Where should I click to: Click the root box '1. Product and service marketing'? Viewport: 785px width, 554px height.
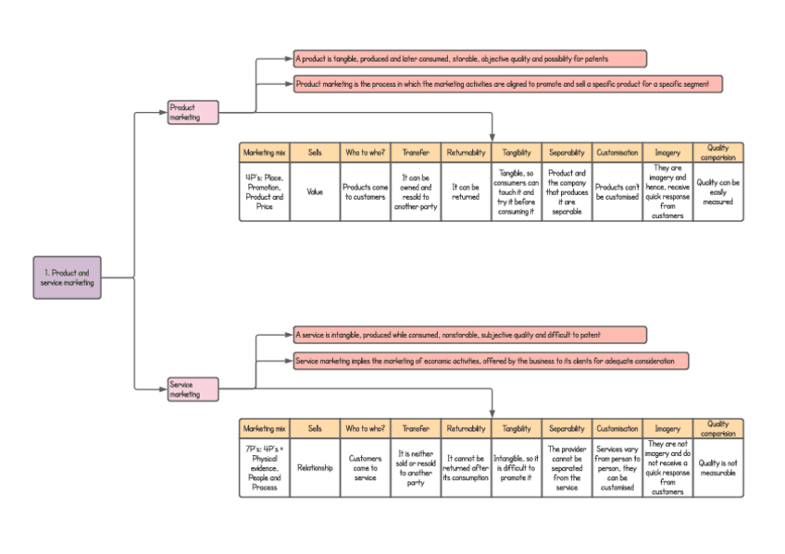point(68,277)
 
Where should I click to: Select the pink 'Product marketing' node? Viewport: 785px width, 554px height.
point(193,112)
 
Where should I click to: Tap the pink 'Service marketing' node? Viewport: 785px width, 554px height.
point(193,388)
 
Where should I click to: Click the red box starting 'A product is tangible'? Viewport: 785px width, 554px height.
point(469,59)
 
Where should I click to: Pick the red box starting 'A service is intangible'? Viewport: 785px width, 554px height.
point(469,334)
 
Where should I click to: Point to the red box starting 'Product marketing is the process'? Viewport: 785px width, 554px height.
point(507,83)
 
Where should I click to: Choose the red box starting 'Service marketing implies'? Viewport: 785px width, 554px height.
point(491,361)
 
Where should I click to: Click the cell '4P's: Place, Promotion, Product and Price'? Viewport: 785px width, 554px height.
point(264,192)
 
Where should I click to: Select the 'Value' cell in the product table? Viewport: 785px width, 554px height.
point(315,192)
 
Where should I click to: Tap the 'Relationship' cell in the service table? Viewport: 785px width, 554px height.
point(315,468)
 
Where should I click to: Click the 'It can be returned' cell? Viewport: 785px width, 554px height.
point(466,192)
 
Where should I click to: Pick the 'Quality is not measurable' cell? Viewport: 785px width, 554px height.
point(718,468)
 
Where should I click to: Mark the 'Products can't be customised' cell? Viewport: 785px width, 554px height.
point(617,192)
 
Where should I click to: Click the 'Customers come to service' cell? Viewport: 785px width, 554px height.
point(365,468)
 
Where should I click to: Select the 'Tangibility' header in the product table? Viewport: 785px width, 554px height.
point(517,153)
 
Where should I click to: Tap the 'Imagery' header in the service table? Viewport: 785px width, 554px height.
point(667,428)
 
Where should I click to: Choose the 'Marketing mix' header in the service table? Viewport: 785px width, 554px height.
point(264,428)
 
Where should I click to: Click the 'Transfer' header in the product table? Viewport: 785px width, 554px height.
point(416,153)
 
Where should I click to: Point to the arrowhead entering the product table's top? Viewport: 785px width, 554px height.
point(492,138)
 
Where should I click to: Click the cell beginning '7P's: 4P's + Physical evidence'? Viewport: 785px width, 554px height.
point(264,468)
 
